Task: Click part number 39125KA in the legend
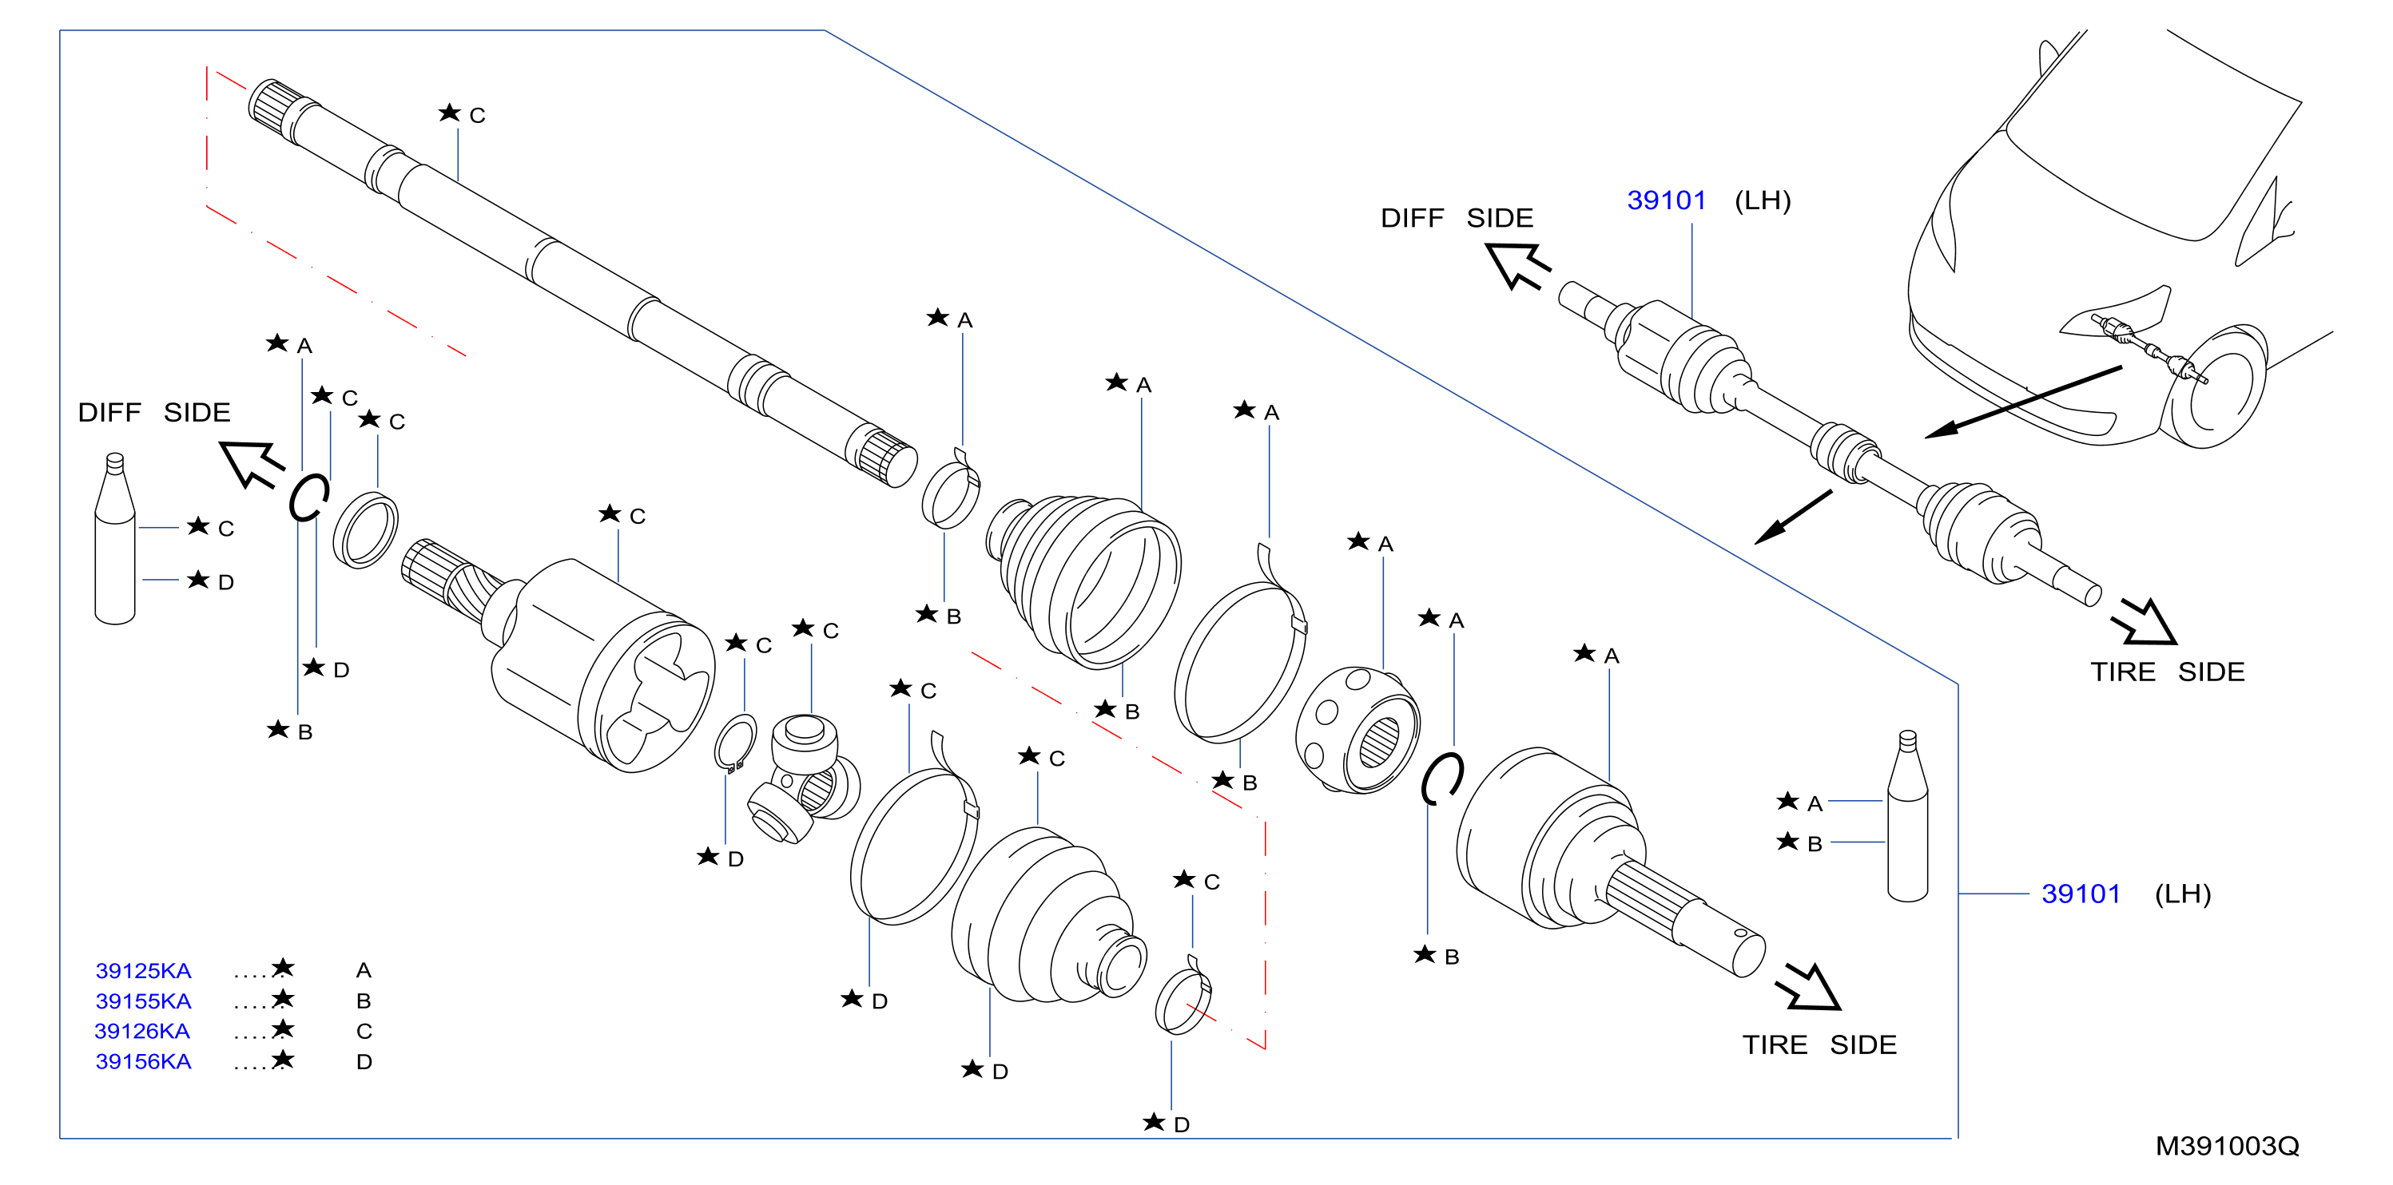click(x=143, y=970)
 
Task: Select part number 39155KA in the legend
click(x=143, y=1001)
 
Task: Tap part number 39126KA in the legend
click(x=142, y=1031)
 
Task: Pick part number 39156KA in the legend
click(x=143, y=1061)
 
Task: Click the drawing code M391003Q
click(x=2227, y=1146)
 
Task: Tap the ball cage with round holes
click(x=1357, y=730)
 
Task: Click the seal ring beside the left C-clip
click(x=365, y=531)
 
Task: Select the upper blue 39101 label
click(x=1667, y=200)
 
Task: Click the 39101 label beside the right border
click(x=2081, y=894)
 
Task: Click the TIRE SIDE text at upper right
click(x=2167, y=672)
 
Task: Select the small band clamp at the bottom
click(x=1183, y=997)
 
